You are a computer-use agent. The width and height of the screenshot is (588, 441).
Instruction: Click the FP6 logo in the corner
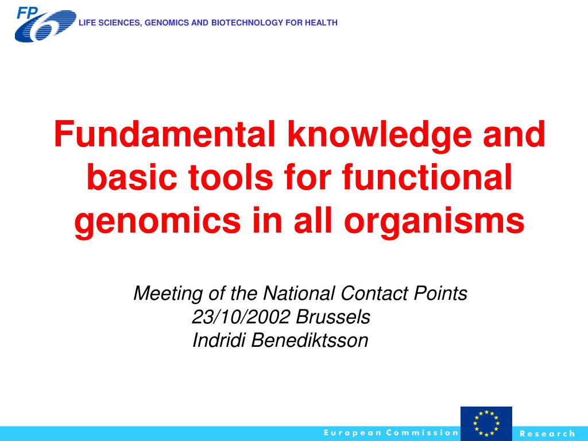[45, 24]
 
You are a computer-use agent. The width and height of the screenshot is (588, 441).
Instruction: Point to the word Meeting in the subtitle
[168, 293]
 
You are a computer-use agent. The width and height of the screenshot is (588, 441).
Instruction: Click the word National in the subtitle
[299, 293]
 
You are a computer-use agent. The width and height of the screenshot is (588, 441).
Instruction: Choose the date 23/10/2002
[241, 317]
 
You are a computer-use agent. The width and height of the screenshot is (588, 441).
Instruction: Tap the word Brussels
[333, 317]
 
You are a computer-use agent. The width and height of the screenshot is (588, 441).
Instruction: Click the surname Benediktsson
[310, 341]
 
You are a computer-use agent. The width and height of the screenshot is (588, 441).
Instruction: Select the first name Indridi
[219, 341]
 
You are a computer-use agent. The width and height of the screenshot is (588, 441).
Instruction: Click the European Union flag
[486, 423]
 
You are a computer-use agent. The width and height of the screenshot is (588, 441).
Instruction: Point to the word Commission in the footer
[422, 433]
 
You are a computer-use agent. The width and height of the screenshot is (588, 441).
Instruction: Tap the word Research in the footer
[547, 434]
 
